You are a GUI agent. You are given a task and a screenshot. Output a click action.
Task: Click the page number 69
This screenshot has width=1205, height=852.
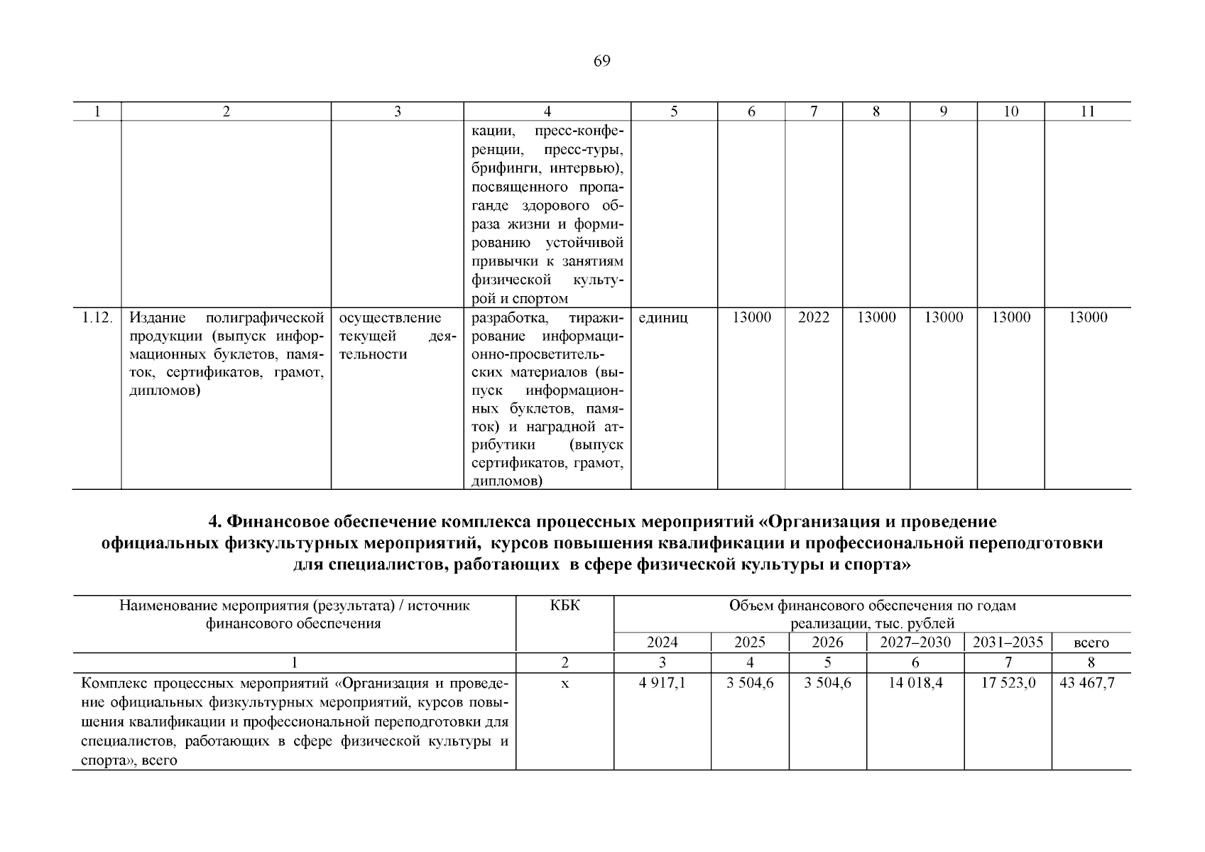(601, 61)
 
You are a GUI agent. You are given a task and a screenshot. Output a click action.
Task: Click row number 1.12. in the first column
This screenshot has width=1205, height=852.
(97, 317)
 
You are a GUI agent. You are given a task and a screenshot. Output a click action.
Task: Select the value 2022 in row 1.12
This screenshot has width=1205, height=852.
(813, 317)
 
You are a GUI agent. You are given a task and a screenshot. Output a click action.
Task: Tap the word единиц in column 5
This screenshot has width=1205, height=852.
(663, 318)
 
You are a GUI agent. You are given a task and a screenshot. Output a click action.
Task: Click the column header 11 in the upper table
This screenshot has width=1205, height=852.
(1087, 111)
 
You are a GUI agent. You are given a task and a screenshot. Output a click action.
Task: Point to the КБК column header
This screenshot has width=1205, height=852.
(565, 606)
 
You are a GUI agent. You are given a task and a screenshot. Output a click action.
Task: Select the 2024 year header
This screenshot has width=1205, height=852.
(662, 643)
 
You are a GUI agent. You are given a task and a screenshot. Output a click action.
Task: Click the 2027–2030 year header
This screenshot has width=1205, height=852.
(915, 643)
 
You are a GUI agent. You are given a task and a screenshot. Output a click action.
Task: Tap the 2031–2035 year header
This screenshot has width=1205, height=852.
(1008, 643)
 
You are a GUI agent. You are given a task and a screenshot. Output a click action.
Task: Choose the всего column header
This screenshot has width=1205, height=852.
(1091, 643)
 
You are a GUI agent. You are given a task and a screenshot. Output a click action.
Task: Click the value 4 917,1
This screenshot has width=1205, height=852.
(662, 683)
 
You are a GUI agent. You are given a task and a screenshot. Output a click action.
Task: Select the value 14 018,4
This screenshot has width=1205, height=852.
(915, 683)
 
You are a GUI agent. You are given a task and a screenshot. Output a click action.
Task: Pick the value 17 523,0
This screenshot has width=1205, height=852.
(1008, 683)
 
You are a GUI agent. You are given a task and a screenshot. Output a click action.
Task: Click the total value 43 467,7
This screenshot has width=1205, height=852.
(1086, 683)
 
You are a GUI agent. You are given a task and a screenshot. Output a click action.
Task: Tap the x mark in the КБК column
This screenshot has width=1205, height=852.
(565, 684)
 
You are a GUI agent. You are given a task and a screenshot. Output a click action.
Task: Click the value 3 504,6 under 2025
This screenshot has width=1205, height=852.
(750, 683)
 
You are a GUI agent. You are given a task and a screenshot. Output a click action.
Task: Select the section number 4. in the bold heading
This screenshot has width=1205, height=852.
(216, 522)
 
